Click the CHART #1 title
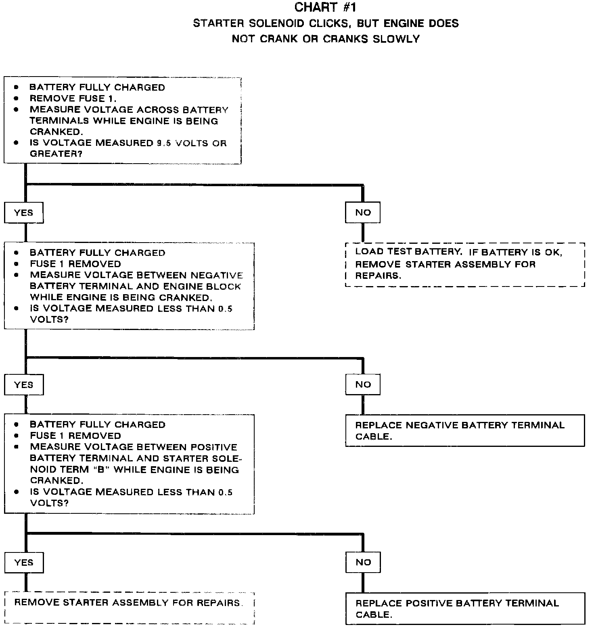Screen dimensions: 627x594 coord(325,7)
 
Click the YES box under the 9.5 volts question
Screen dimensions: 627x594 coord(24,213)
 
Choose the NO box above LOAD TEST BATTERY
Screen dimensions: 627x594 coord(363,213)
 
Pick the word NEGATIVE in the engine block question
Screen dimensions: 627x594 coord(217,275)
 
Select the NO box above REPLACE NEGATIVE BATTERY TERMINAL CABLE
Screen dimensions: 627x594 coord(363,384)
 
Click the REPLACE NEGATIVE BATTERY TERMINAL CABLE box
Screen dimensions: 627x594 coord(465,431)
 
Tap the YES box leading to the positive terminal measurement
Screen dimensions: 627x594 coord(24,384)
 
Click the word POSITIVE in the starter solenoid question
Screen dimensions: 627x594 coord(213,447)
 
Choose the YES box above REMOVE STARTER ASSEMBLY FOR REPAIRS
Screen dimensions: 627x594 coord(24,563)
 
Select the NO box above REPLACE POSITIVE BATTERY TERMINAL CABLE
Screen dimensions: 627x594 coord(363,563)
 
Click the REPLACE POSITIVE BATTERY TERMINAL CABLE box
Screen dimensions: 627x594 coord(465,608)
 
